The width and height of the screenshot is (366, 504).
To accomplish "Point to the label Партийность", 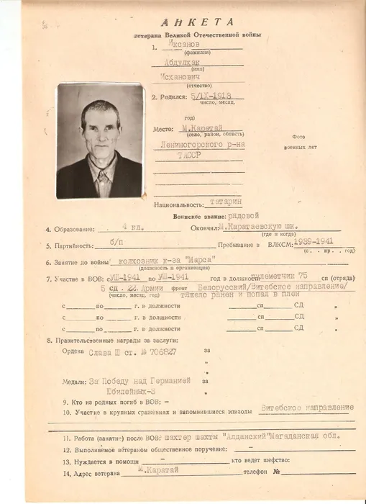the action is coord(70,246).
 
